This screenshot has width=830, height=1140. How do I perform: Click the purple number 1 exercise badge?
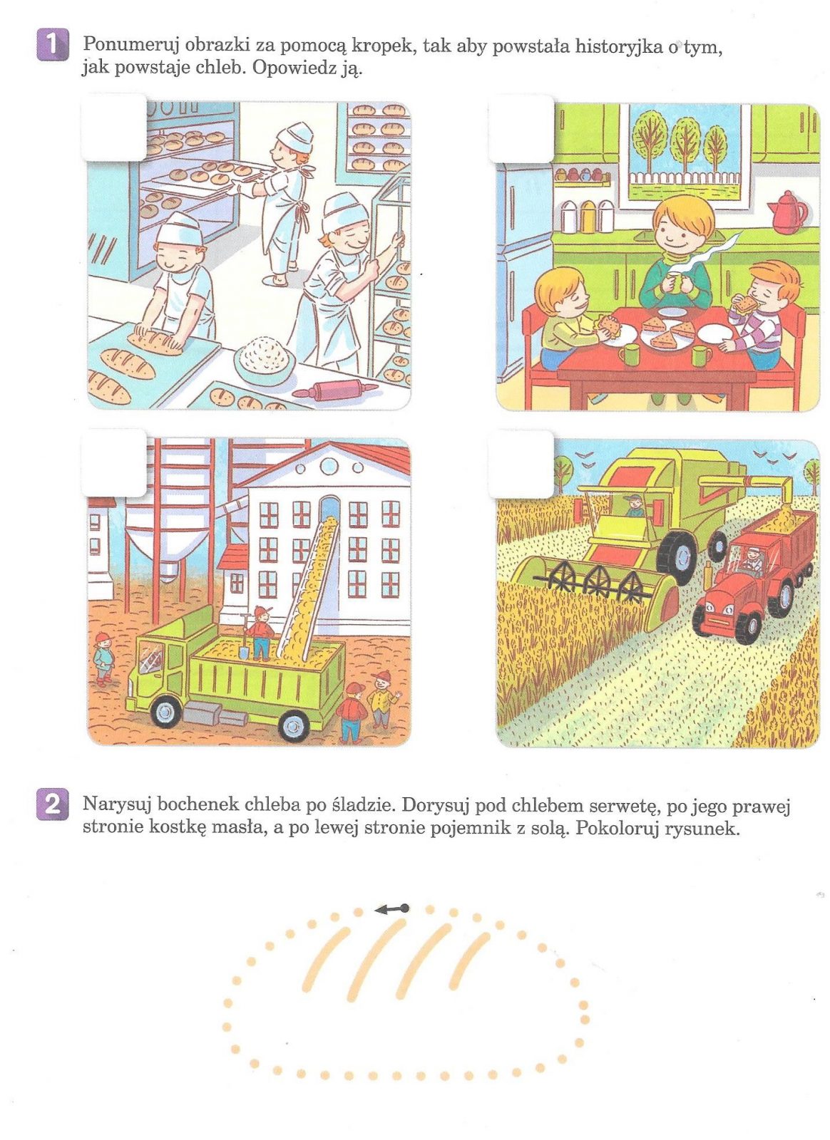pyautogui.click(x=53, y=45)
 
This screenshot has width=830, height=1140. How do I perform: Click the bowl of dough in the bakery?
pyautogui.click(x=265, y=358)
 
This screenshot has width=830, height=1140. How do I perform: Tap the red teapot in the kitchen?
pyautogui.click(x=787, y=213)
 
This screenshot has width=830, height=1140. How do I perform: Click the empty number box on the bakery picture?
pyautogui.click(x=114, y=128)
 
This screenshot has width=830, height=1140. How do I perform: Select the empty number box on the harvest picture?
pyautogui.click(x=521, y=464)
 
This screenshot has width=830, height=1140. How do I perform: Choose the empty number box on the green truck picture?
pyautogui.click(x=114, y=463)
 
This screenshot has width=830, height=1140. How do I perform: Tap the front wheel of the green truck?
pyautogui.click(x=166, y=712)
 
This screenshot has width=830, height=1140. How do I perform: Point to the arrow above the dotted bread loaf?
pyautogui.click(x=391, y=908)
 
